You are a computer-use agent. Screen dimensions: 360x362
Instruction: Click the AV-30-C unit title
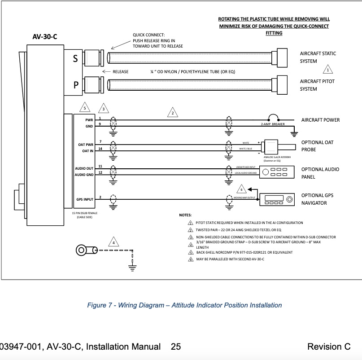(x=45, y=37)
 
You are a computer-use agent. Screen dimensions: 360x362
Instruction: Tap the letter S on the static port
(x=75, y=58)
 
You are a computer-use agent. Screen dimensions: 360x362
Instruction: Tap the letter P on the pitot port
(x=75, y=84)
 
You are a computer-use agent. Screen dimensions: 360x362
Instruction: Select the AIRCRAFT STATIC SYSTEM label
(x=318, y=57)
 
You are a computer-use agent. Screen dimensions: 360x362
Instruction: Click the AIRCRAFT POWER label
(x=320, y=120)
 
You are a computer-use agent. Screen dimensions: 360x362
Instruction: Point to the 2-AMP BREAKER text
(x=273, y=124)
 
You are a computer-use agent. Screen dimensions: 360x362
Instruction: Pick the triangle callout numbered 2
(x=172, y=113)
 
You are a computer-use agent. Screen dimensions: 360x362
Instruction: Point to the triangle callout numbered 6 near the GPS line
(x=241, y=189)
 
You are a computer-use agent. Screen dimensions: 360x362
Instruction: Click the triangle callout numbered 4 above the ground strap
(x=113, y=243)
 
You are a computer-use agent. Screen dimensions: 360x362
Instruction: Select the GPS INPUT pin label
(x=85, y=199)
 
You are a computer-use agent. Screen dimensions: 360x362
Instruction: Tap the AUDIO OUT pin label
(x=84, y=168)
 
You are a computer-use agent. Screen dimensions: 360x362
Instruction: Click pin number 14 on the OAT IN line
(x=100, y=149)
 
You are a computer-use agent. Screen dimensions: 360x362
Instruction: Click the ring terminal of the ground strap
(x=82, y=250)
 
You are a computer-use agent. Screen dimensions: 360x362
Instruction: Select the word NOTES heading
(x=185, y=215)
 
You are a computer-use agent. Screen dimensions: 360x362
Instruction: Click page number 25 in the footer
(x=175, y=347)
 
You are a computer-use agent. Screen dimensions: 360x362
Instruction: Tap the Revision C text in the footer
(x=329, y=347)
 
